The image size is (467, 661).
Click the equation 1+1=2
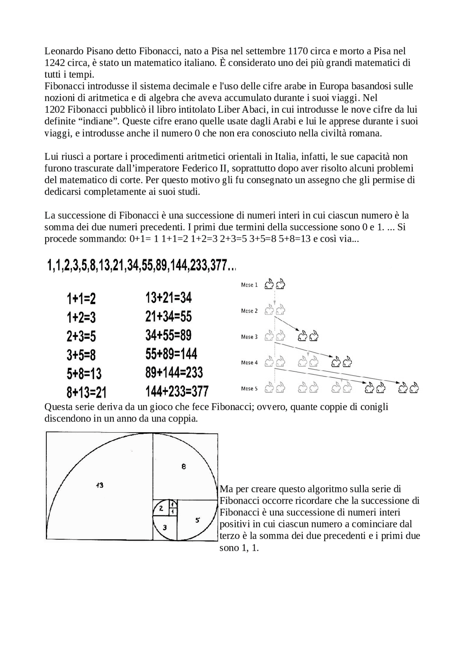point(81,299)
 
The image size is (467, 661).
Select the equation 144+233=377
point(177,392)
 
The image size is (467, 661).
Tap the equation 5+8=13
point(84,374)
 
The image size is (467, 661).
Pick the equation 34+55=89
point(168,335)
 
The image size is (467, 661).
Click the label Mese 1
point(249,285)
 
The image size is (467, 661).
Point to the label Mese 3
point(249,337)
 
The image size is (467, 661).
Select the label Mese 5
point(249,389)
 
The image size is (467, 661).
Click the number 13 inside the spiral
point(99,485)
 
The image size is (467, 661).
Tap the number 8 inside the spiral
point(184,466)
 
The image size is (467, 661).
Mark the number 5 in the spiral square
point(197,520)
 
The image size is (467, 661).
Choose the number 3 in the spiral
point(165,527)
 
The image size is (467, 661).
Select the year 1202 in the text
point(55,109)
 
